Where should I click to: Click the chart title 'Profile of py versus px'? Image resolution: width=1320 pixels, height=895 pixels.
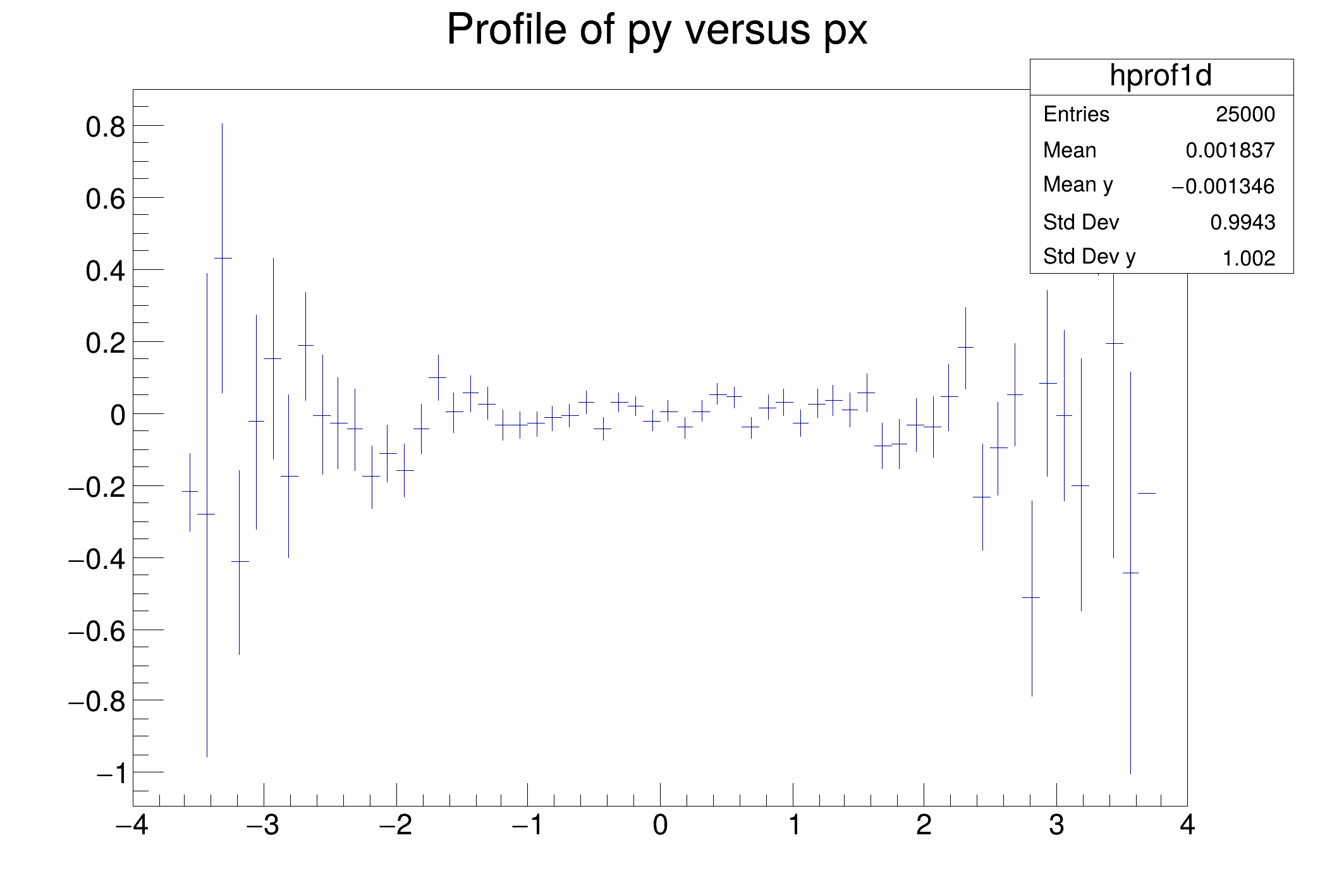[657, 29]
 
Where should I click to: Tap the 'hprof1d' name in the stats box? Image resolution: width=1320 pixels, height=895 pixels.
[1161, 76]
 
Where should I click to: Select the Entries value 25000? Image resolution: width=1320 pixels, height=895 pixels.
[1245, 114]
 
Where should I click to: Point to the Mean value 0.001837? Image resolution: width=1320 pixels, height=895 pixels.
[1230, 150]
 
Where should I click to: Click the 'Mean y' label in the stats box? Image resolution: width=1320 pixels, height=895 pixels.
[1078, 185]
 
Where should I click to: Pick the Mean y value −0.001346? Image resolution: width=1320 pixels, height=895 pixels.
[1223, 186]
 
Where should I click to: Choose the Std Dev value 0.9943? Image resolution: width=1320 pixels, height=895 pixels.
[1242, 222]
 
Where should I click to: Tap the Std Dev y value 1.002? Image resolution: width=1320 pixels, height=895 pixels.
[1249, 259]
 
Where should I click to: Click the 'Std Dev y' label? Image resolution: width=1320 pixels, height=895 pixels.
[1089, 257]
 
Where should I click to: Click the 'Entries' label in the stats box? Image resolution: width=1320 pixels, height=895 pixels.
[1076, 114]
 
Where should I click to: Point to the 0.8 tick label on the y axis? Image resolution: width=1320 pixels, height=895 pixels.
[106, 127]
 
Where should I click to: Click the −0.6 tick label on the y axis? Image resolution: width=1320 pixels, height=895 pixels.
[97, 631]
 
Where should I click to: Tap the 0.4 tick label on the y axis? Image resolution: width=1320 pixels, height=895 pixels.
[106, 271]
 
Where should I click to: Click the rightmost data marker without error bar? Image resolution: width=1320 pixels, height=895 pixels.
[1147, 493]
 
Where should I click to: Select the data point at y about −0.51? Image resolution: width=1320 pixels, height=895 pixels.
[1032, 597]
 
